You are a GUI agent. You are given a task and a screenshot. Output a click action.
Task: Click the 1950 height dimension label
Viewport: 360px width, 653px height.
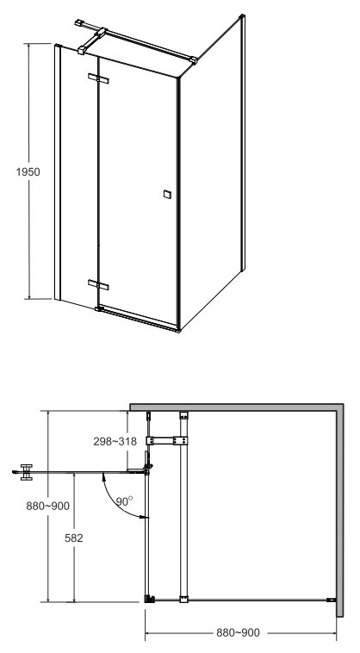point(28,172)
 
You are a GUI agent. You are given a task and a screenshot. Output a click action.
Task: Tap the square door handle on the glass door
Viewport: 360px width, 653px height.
point(167,194)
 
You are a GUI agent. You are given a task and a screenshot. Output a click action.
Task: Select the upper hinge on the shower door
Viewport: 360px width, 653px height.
point(98,78)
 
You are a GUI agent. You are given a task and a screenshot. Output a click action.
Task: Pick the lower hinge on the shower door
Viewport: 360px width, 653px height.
point(98,285)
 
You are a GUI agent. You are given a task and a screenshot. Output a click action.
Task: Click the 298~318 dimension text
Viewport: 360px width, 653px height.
point(115,441)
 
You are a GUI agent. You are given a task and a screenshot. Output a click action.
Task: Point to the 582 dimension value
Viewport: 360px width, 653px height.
point(74,538)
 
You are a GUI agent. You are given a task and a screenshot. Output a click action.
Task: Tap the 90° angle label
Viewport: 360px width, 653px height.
point(124,501)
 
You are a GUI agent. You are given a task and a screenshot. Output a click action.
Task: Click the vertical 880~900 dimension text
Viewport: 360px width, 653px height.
point(48,506)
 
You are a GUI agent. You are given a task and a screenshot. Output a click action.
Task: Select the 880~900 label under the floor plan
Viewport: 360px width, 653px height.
point(238,633)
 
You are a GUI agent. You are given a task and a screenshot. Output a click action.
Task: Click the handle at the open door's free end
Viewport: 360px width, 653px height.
point(27,472)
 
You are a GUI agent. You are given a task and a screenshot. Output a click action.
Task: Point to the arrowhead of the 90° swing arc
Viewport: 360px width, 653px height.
point(144,517)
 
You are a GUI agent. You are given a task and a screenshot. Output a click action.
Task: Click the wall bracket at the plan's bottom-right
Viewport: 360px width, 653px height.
point(331,600)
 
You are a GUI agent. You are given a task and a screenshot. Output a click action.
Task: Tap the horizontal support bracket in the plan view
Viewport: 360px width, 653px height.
point(167,440)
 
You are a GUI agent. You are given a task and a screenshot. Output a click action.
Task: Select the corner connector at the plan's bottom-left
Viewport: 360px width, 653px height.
point(149,600)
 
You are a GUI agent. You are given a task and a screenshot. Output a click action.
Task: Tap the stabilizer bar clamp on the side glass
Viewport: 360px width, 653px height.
point(193,60)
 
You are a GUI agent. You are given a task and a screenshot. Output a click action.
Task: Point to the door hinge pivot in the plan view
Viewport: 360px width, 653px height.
point(147,470)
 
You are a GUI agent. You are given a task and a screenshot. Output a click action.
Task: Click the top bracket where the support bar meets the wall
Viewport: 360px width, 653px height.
point(183,415)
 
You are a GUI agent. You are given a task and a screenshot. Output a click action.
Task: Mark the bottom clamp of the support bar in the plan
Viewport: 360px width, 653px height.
point(183,600)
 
